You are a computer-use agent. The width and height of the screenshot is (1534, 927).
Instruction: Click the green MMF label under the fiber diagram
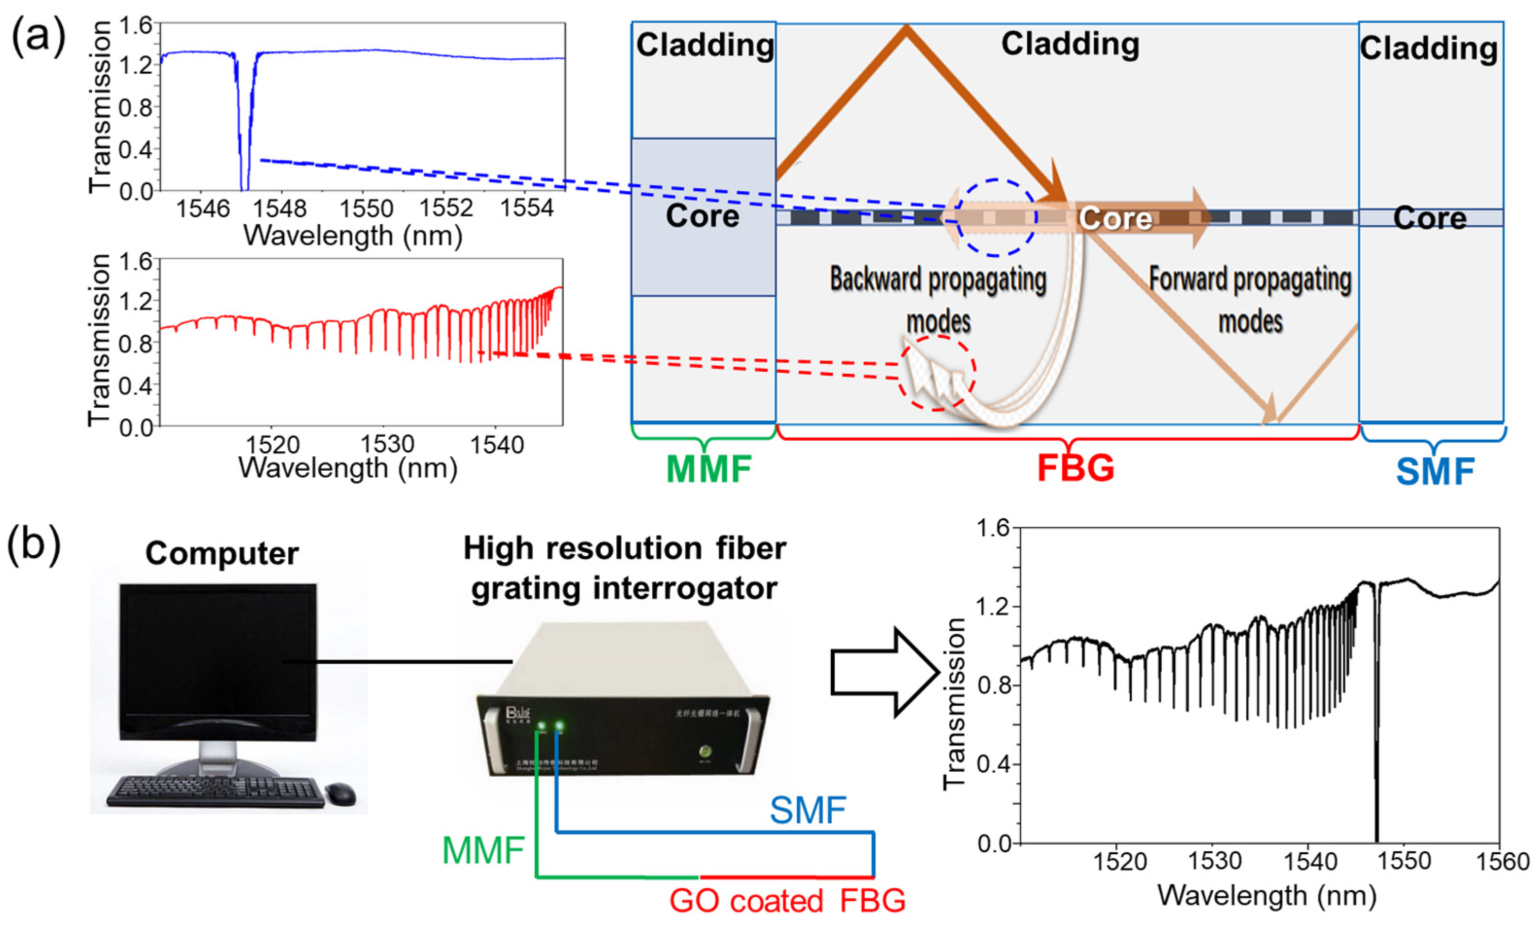tap(709, 469)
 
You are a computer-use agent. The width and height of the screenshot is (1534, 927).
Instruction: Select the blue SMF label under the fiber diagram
tap(1435, 471)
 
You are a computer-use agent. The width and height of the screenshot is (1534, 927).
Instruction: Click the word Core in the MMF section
tap(702, 216)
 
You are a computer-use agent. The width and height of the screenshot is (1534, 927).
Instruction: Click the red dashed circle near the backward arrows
tap(936, 373)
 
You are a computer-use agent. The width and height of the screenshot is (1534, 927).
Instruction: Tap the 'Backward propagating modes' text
tap(938, 299)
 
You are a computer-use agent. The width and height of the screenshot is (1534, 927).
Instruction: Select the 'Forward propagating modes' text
tap(1250, 299)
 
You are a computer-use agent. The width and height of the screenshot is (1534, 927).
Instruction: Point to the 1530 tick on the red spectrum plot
tap(387, 444)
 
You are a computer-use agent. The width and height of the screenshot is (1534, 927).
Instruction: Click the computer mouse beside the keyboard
tap(341, 793)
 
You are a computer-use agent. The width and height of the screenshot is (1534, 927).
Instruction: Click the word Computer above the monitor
tap(222, 553)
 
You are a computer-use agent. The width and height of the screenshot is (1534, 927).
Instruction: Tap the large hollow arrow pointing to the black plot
tap(885, 672)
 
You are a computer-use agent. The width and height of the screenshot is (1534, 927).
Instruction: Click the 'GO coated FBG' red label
tap(787, 901)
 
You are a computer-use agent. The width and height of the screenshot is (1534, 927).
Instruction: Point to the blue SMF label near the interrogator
tap(808, 810)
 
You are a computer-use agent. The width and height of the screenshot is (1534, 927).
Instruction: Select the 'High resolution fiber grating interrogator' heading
tap(625, 568)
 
